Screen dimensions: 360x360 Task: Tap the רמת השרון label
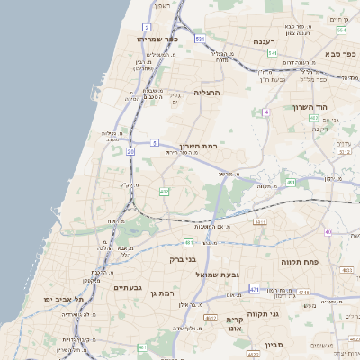click(199, 146)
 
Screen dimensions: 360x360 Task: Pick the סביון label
click(274, 345)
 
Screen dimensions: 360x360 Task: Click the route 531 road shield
click(200, 40)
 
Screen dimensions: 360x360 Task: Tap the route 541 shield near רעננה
click(272, 53)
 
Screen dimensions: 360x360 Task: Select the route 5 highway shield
click(155, 142)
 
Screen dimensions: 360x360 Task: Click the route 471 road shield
click(255, 290)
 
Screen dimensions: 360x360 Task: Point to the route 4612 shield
click(211, 319)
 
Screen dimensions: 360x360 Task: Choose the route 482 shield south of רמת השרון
click(165, 192)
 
